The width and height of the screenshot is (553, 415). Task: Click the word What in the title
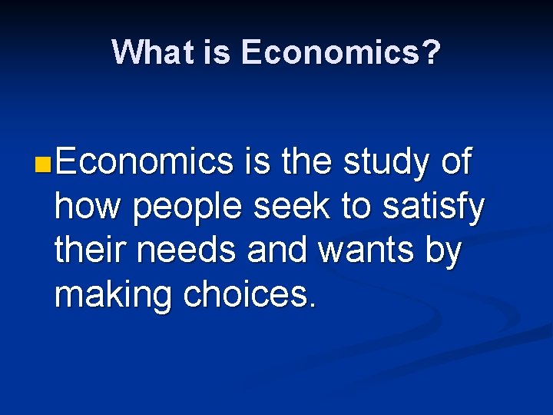(145, 53)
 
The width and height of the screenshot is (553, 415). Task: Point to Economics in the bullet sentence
(144, 163)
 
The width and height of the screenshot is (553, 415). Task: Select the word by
(443, 253)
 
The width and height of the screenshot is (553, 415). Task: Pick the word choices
(248, 296)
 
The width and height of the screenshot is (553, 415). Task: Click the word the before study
(306, 163)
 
